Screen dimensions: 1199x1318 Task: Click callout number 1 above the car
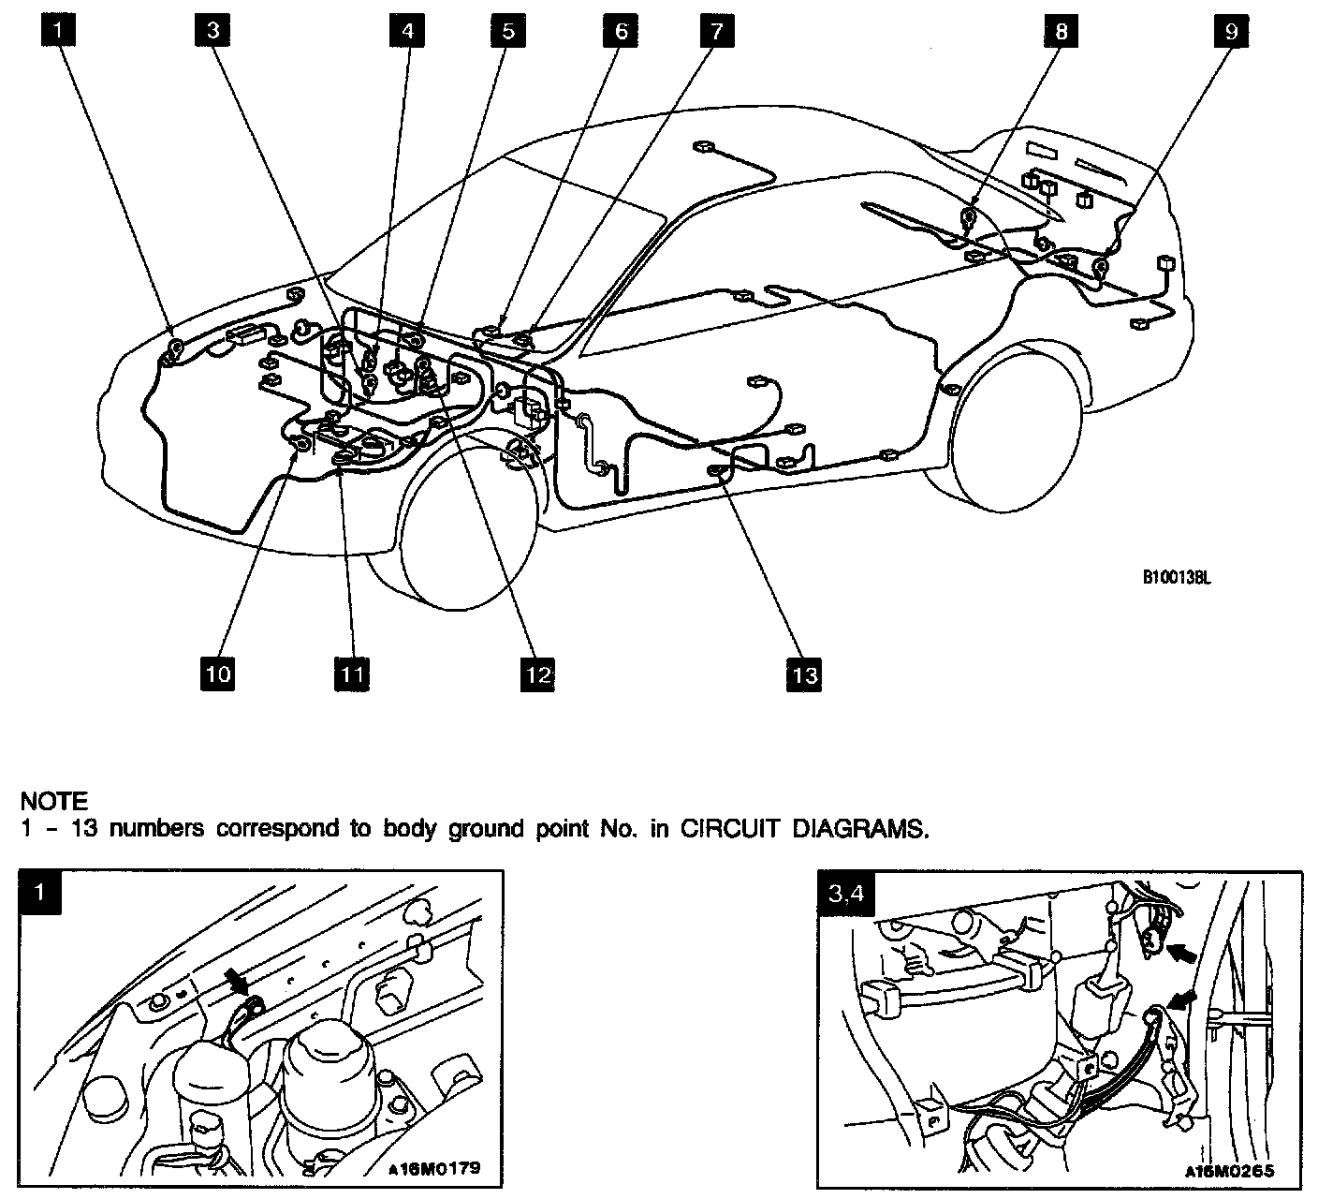[x=58, y=30]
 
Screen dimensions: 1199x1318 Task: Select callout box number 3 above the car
[x=213, y=30]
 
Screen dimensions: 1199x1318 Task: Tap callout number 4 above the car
[x=407, y=30]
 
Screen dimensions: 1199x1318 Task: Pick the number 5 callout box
[x=508, y=30]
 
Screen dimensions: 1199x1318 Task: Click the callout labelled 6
[x=621, y=30]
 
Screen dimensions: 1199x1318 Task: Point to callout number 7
[x=715, y=30]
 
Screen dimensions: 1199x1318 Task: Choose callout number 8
[x=1061, y=30]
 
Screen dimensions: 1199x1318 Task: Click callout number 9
[x=1230, y=30]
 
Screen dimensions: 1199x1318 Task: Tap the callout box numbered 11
[x=351, y=674]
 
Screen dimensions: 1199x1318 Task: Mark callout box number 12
[x=537, y=674]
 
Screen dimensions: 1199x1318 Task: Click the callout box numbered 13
[x=804, y=674]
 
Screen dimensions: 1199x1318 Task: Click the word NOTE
[x=54, y=802]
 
